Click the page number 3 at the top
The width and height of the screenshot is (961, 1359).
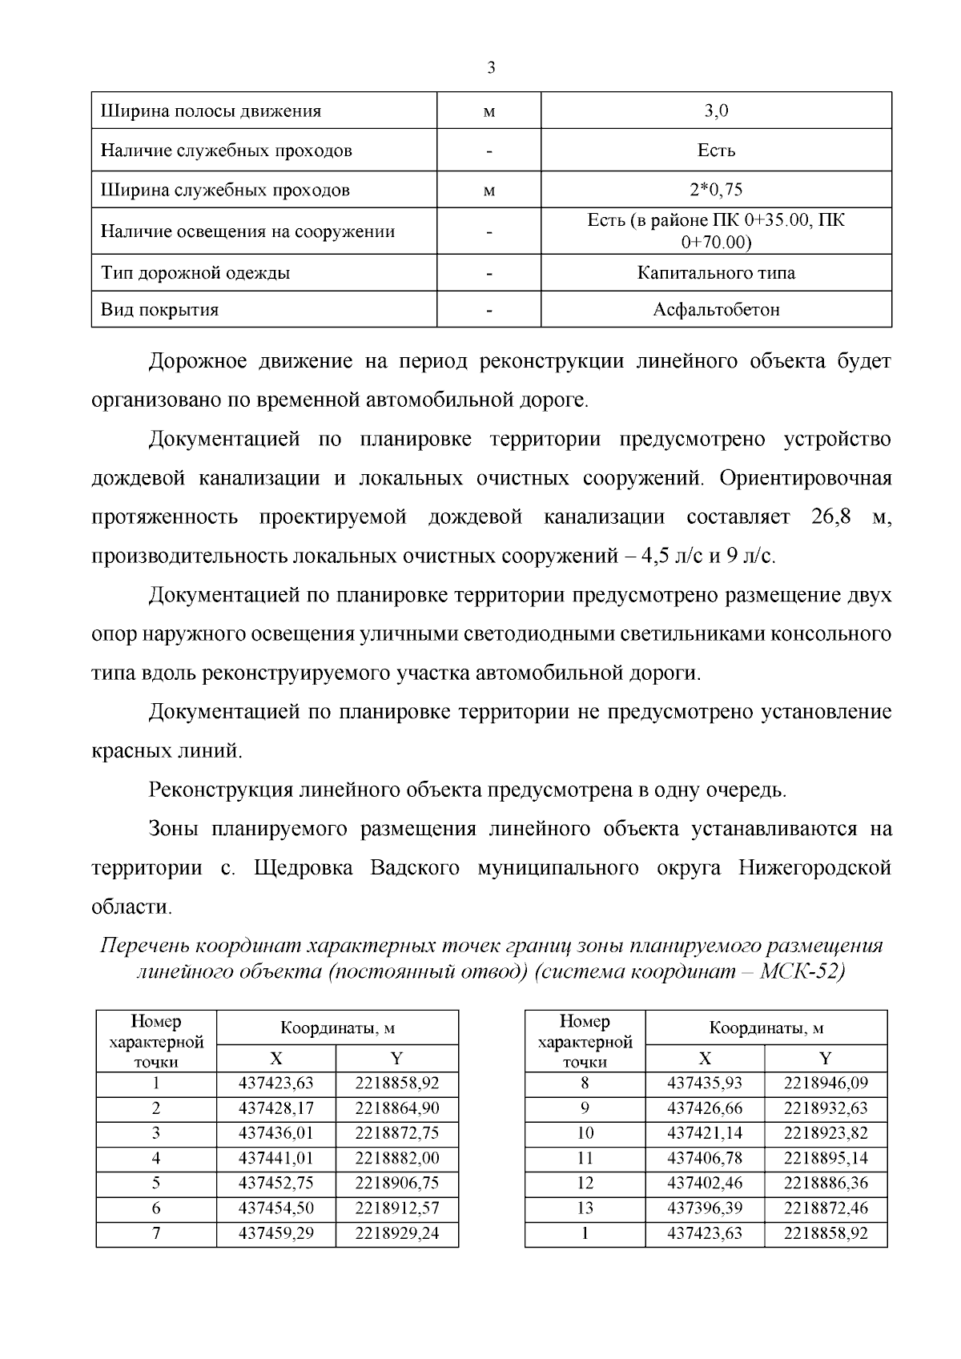coord(491,68)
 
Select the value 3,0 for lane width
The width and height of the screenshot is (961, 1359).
coord(716,111)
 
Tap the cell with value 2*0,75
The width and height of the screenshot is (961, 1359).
coord(716,191)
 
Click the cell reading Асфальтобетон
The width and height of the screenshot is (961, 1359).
coord(716,310)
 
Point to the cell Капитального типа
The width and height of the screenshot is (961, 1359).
coord(716,273)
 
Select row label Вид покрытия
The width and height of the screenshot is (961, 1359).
coord(160,310)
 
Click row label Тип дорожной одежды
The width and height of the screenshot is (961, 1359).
coord(195,273)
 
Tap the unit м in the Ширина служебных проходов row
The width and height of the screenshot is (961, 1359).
coord(489,191)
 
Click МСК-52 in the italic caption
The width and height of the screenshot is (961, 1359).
coord(802,973)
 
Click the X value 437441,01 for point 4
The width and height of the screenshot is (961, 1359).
coord(276,1159)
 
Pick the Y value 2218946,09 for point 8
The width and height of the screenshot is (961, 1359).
coord(826,1084)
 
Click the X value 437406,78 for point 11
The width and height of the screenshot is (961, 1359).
coord(705,1159)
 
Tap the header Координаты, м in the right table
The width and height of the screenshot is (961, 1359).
coord(766,1028)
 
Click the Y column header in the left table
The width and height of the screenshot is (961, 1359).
coord(397,1059)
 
